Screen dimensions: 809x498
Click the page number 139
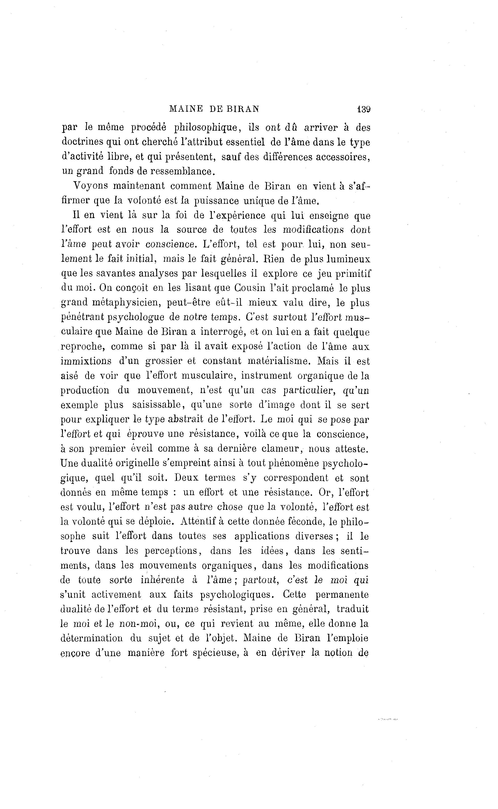[x=364, y=109]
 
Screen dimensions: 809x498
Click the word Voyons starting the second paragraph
[x=90, y=186]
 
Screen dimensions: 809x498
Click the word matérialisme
[x=279, y=361]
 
